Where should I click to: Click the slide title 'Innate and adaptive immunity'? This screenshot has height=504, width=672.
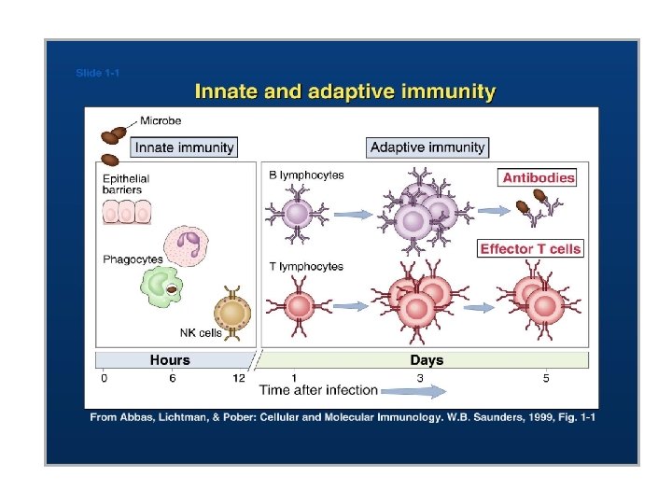[344, 91]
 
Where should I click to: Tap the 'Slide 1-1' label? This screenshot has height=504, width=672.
[97, 73]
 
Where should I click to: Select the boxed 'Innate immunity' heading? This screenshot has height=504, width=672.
[184, 147]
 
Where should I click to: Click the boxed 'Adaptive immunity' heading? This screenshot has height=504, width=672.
[427, 147]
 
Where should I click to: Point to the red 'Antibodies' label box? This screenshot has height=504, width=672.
[539, 177]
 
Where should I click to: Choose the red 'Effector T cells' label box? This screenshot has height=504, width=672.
[530, 248]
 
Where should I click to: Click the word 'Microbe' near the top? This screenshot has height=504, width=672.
[161, 120]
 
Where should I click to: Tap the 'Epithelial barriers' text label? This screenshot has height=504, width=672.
[126, 184]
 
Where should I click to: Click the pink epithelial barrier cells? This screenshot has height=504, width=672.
[126, 213]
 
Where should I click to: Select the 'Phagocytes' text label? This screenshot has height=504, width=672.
[133, 259]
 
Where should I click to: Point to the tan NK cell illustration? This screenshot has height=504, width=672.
[233, 313]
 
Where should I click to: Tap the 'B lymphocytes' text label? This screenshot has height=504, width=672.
[306, 175]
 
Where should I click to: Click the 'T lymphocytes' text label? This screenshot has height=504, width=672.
[306, 266]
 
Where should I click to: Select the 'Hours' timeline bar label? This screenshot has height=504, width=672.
[170, 359]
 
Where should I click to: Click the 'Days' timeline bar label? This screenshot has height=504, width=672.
[427, 359]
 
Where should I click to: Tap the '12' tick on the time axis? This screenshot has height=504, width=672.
[239, 377]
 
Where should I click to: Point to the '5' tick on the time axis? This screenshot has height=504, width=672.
[546, 377]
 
